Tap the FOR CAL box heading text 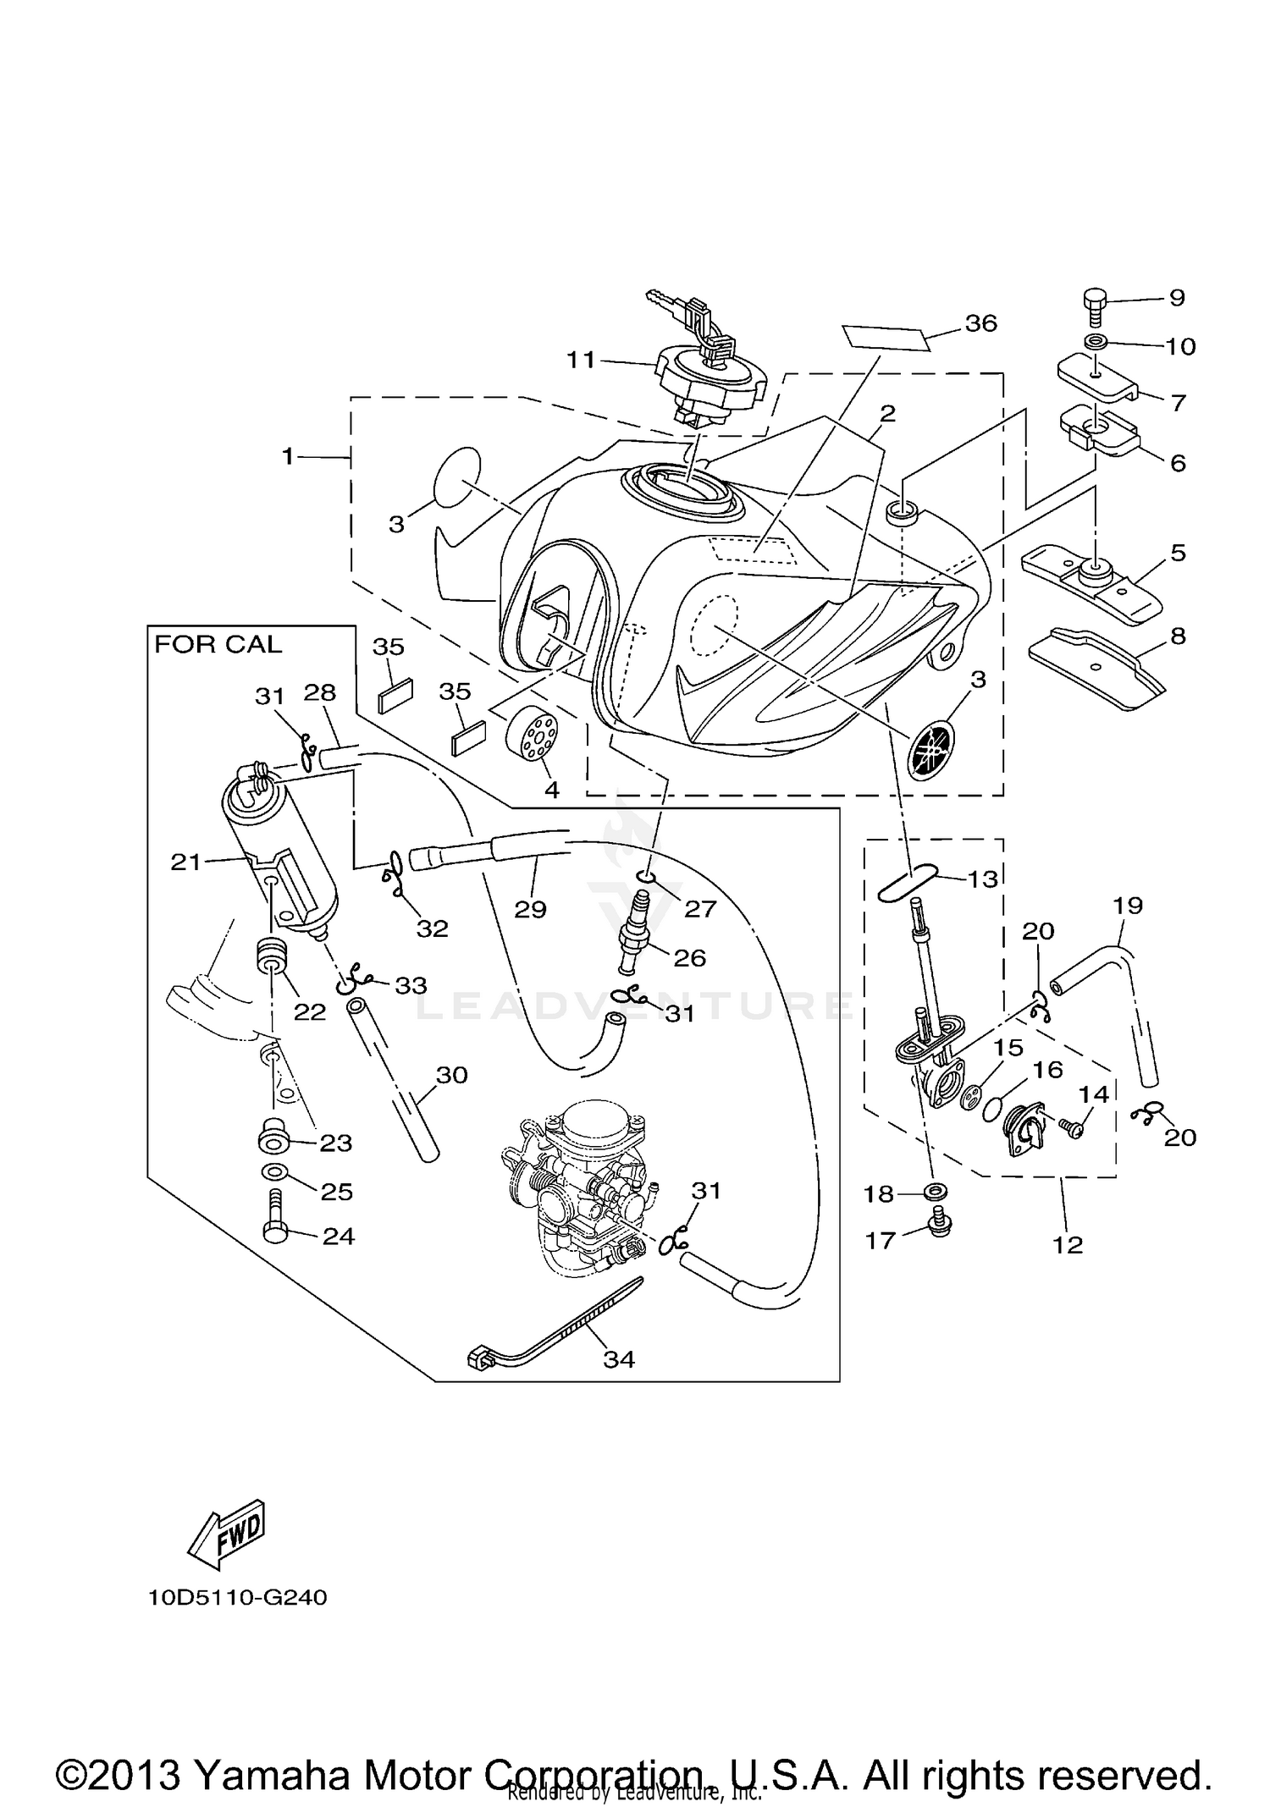(x=218, y=645)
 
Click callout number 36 (x=980, y=323)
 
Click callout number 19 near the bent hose (x=1129, y=906)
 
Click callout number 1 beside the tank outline (x=288, y=457)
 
